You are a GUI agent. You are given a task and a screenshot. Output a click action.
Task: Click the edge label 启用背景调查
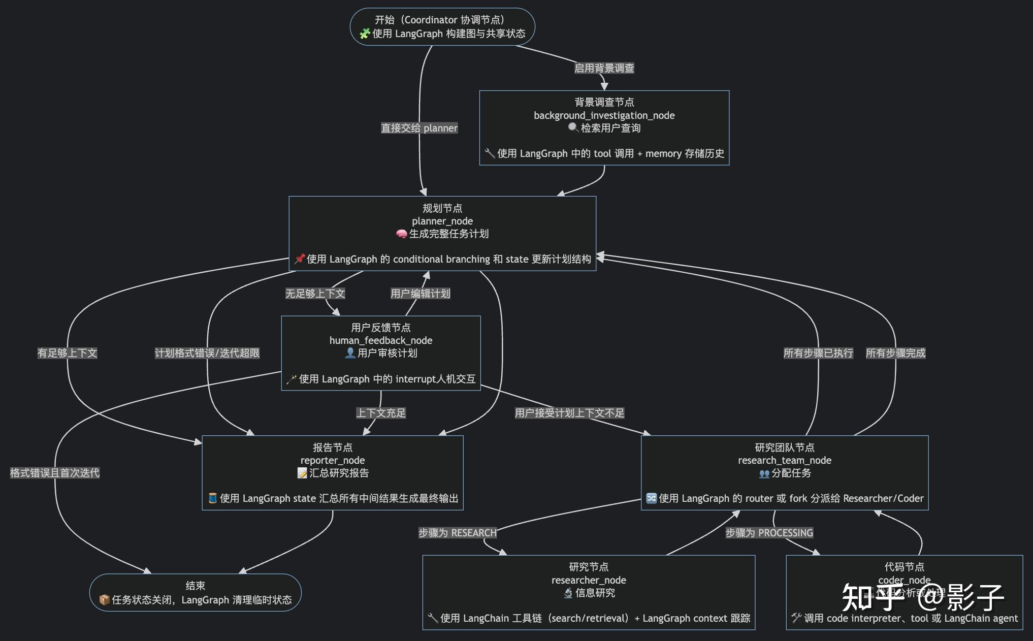click(604, 68)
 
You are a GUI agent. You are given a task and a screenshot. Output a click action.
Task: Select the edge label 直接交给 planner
click(419, 128)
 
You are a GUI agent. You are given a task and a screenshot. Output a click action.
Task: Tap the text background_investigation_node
click(604, 115)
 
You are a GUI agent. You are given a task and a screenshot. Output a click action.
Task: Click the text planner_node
click(442, 221)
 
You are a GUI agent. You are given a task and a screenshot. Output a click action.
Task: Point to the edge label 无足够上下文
click(315, 294)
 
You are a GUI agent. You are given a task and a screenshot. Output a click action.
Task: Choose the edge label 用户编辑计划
click(420, 294)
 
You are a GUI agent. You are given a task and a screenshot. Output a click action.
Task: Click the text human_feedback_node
click(380, 340)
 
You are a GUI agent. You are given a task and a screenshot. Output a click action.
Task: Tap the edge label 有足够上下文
click(67, 353)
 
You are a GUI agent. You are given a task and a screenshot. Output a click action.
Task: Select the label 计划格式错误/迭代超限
click(207, 353)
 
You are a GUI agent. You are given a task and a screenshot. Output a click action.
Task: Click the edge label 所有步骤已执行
click(818, 353)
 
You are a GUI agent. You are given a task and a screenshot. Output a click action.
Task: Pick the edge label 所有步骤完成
click(895, 353)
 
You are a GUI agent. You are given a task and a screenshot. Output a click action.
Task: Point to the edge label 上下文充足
click(380, 413)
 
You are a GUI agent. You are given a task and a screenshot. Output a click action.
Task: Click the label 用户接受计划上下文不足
click(569, 413)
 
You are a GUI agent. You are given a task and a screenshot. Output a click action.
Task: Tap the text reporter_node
click(332, 460)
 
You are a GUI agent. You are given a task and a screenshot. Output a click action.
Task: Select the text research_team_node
click(784, 460)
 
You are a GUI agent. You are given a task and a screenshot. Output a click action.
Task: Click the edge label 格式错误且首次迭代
click(54, 473)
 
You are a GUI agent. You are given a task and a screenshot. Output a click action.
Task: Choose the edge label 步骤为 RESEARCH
click(457, 533)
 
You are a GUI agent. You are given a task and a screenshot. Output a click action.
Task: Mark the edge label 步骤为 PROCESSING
click(769, 533)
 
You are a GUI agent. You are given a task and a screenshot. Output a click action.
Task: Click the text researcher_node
click(588, 580)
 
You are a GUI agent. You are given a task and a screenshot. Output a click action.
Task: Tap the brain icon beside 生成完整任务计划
click(401, 234)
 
